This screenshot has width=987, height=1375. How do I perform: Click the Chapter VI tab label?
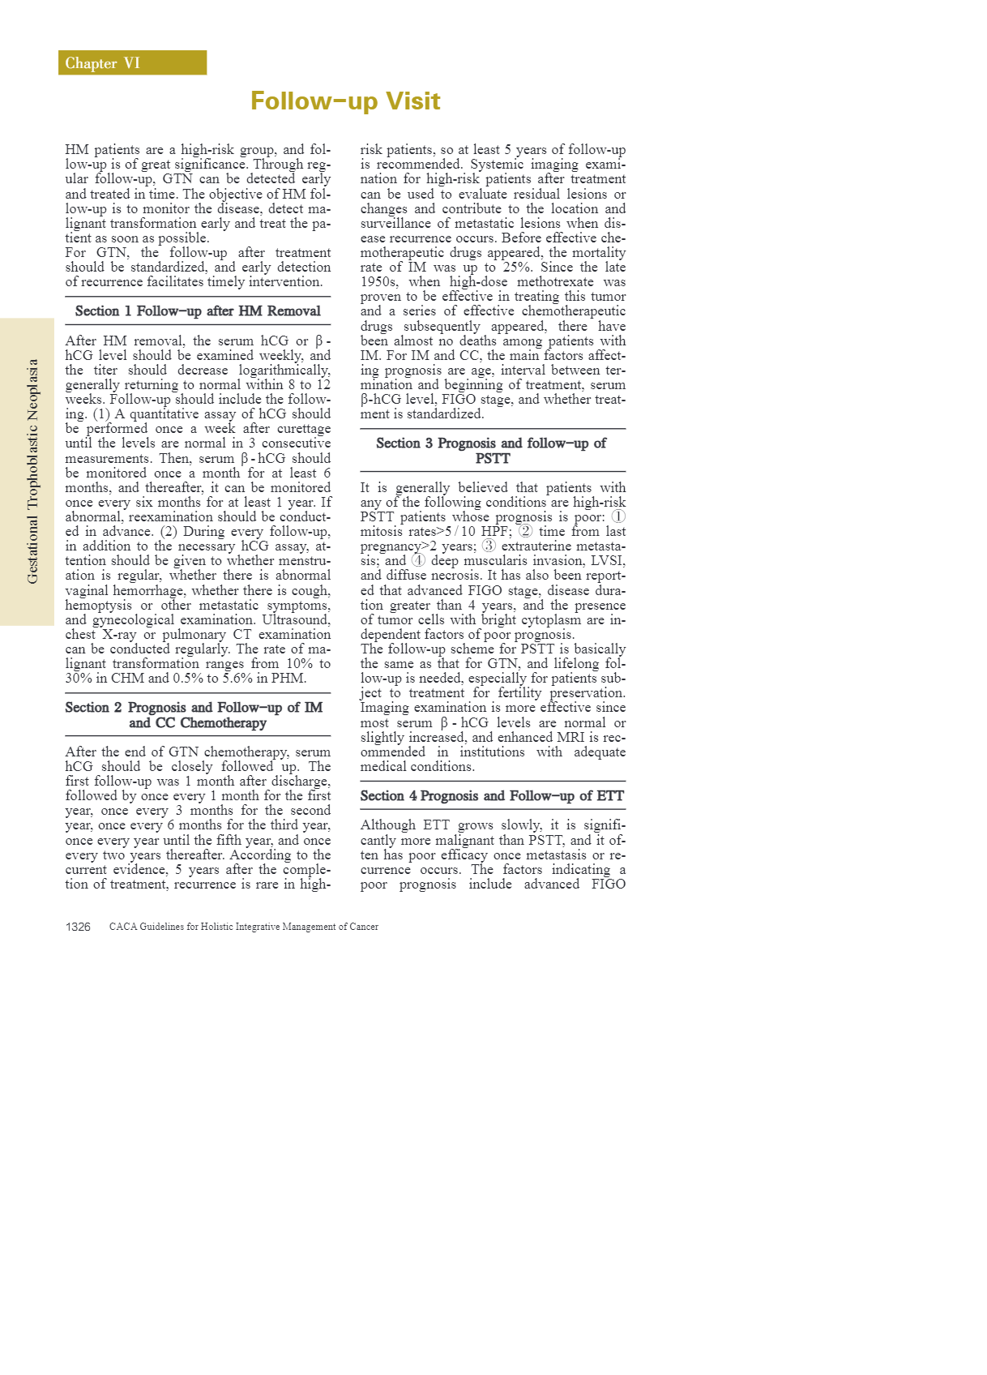point(103,63)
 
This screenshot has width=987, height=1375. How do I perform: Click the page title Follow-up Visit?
point(345,101)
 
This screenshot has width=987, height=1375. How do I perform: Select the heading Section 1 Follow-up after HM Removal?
point(198,311)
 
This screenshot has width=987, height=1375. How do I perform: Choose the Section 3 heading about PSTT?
point(492,451)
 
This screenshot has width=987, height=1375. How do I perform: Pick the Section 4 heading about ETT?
point(492,796)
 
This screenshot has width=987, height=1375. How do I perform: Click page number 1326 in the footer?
point(78,927)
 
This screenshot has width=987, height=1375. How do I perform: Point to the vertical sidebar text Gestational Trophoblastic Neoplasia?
point(32,471)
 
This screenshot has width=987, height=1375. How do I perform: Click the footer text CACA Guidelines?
point(243,927)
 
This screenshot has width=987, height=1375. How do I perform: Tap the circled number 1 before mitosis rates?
point(618,517)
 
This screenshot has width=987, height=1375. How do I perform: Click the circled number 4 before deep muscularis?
point(418,561)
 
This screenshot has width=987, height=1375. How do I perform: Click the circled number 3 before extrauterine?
point(489,546)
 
